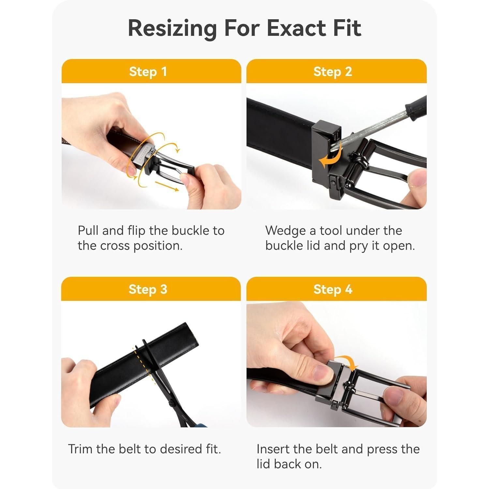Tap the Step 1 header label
(148, 72)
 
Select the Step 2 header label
(333, 72)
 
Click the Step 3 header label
(148, 289)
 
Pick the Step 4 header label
(333, 289)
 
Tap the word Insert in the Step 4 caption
(273, 449)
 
